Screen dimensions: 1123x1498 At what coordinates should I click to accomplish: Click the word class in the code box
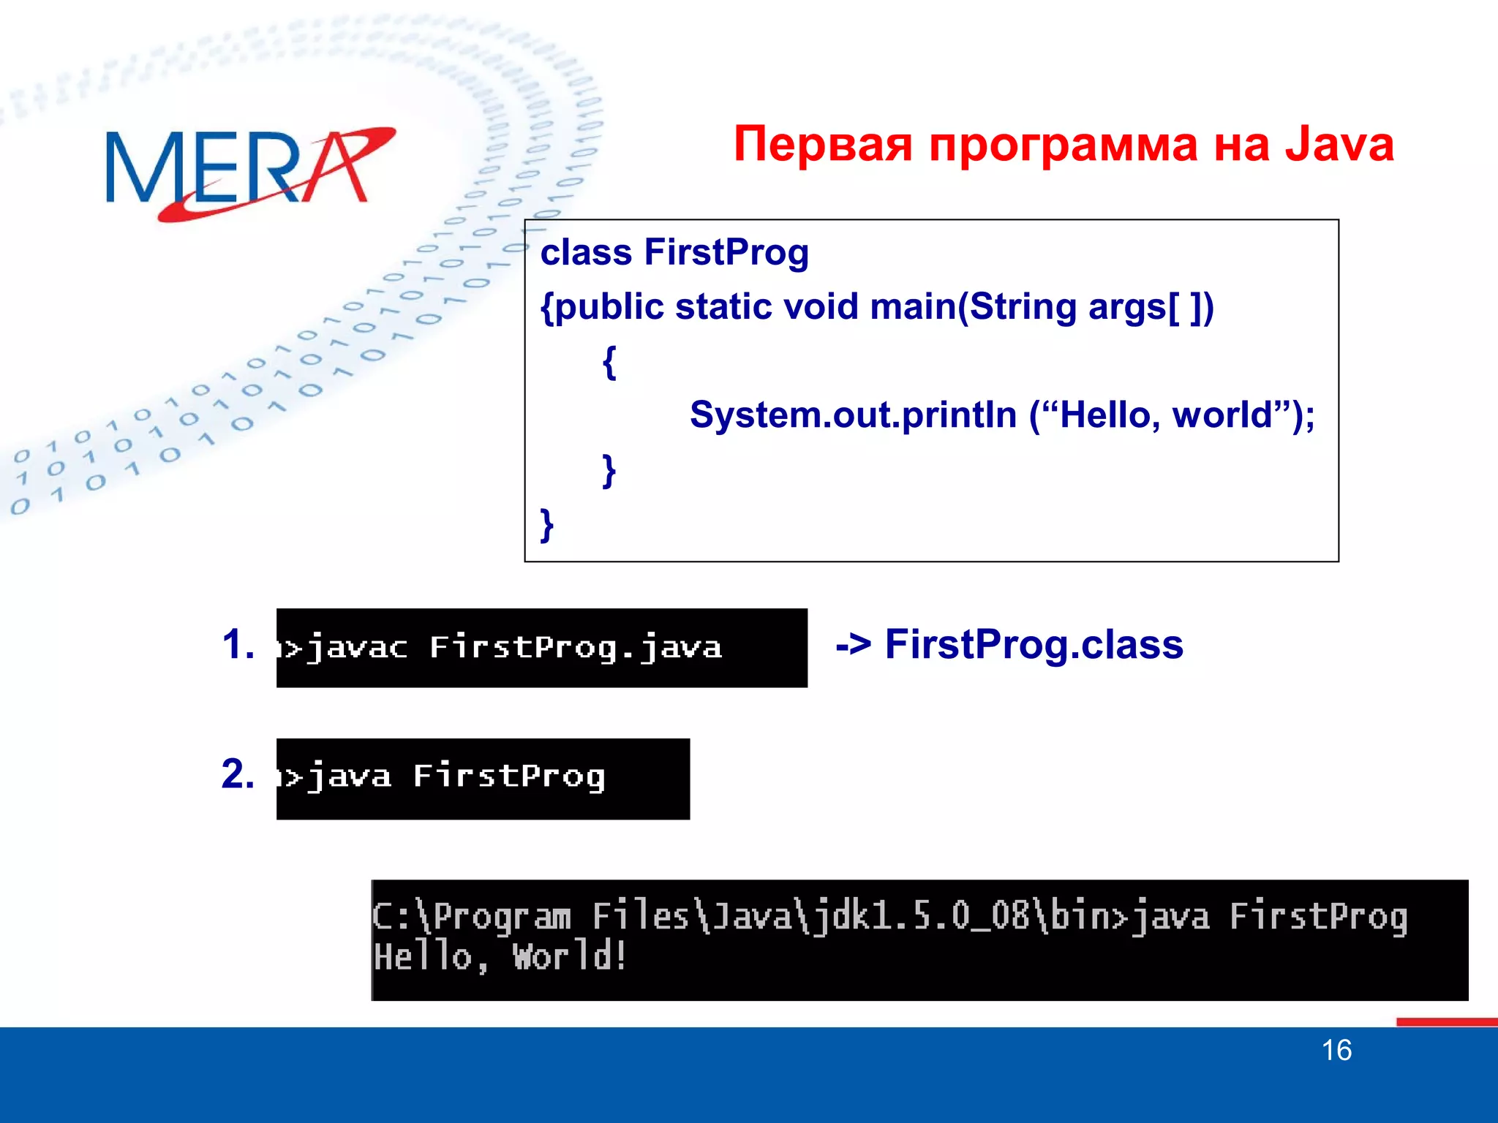click(586, 253)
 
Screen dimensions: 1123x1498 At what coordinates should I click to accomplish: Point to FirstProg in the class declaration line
click(726, 253)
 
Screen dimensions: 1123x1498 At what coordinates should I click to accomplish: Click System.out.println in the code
click(853, 415)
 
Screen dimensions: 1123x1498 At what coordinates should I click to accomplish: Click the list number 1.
click(238, 645)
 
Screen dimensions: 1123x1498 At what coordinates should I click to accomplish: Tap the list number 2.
click(238, 774)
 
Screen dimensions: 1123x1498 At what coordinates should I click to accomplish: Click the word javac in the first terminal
click(356, 648)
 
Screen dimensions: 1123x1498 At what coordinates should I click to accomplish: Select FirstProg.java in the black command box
click(576, 648)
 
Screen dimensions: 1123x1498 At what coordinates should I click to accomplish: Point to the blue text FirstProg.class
click(1034, 645)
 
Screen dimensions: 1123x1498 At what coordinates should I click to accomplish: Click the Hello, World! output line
click(500, 957)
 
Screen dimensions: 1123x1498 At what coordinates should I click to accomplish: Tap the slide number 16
click(1336, 1051)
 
